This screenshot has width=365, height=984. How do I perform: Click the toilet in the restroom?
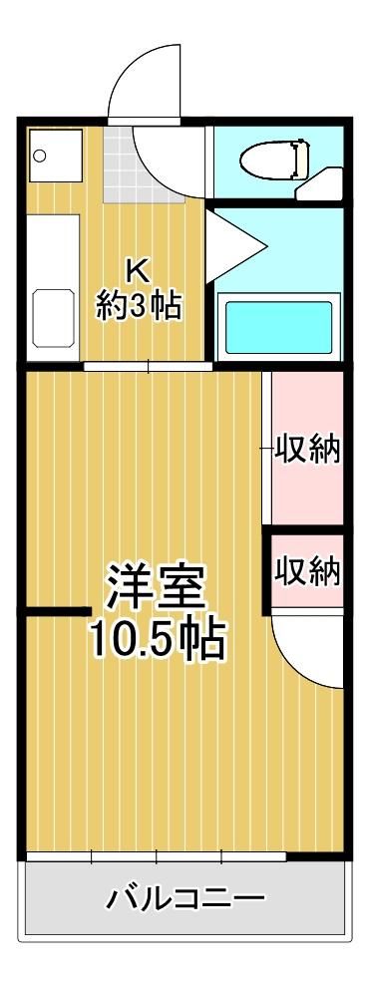275,160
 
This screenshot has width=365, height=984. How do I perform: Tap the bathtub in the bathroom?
279,328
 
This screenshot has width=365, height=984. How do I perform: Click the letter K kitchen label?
139,270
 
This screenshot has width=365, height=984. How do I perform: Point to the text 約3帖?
139,306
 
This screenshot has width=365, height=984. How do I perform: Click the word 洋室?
157,587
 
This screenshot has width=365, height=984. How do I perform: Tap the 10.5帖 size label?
157,638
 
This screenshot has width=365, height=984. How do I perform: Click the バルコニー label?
184,899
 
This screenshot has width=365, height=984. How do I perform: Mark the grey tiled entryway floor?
144,164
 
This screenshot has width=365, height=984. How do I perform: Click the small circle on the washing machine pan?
40,155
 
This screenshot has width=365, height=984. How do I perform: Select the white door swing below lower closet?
307,650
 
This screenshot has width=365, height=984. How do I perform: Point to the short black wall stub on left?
59,611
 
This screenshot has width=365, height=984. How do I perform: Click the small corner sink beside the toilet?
320,185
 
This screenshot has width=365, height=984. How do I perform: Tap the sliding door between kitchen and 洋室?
148,367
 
